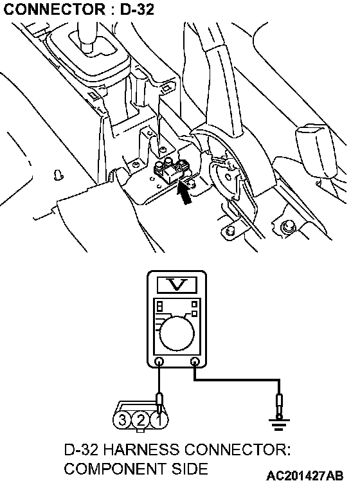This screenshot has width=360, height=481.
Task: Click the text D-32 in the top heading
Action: (x=137, y=10)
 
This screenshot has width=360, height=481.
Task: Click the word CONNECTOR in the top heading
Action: (x=54, y=10)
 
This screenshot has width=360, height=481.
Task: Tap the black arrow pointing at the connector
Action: (x=184, y=193)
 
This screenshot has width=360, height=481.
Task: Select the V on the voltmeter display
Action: (x=177, y=285)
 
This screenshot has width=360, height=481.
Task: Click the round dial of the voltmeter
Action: (x=177, y=333)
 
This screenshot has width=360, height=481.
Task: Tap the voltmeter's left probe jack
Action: (x=159, y=361)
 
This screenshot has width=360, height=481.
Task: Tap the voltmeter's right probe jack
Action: (x=194, y=361)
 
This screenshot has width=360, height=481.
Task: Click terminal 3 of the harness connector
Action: (x=122, y=420)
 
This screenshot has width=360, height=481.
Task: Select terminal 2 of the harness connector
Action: (x=140, y=420)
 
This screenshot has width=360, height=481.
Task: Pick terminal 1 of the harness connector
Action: (x=159, y=420)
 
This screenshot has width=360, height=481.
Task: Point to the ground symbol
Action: (x=278, y=424)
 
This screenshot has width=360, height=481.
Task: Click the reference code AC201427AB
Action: (x=305, y=475)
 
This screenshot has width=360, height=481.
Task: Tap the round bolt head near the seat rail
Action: (x=287, y=227)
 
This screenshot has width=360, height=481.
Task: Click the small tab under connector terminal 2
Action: (x=140, y=430)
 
